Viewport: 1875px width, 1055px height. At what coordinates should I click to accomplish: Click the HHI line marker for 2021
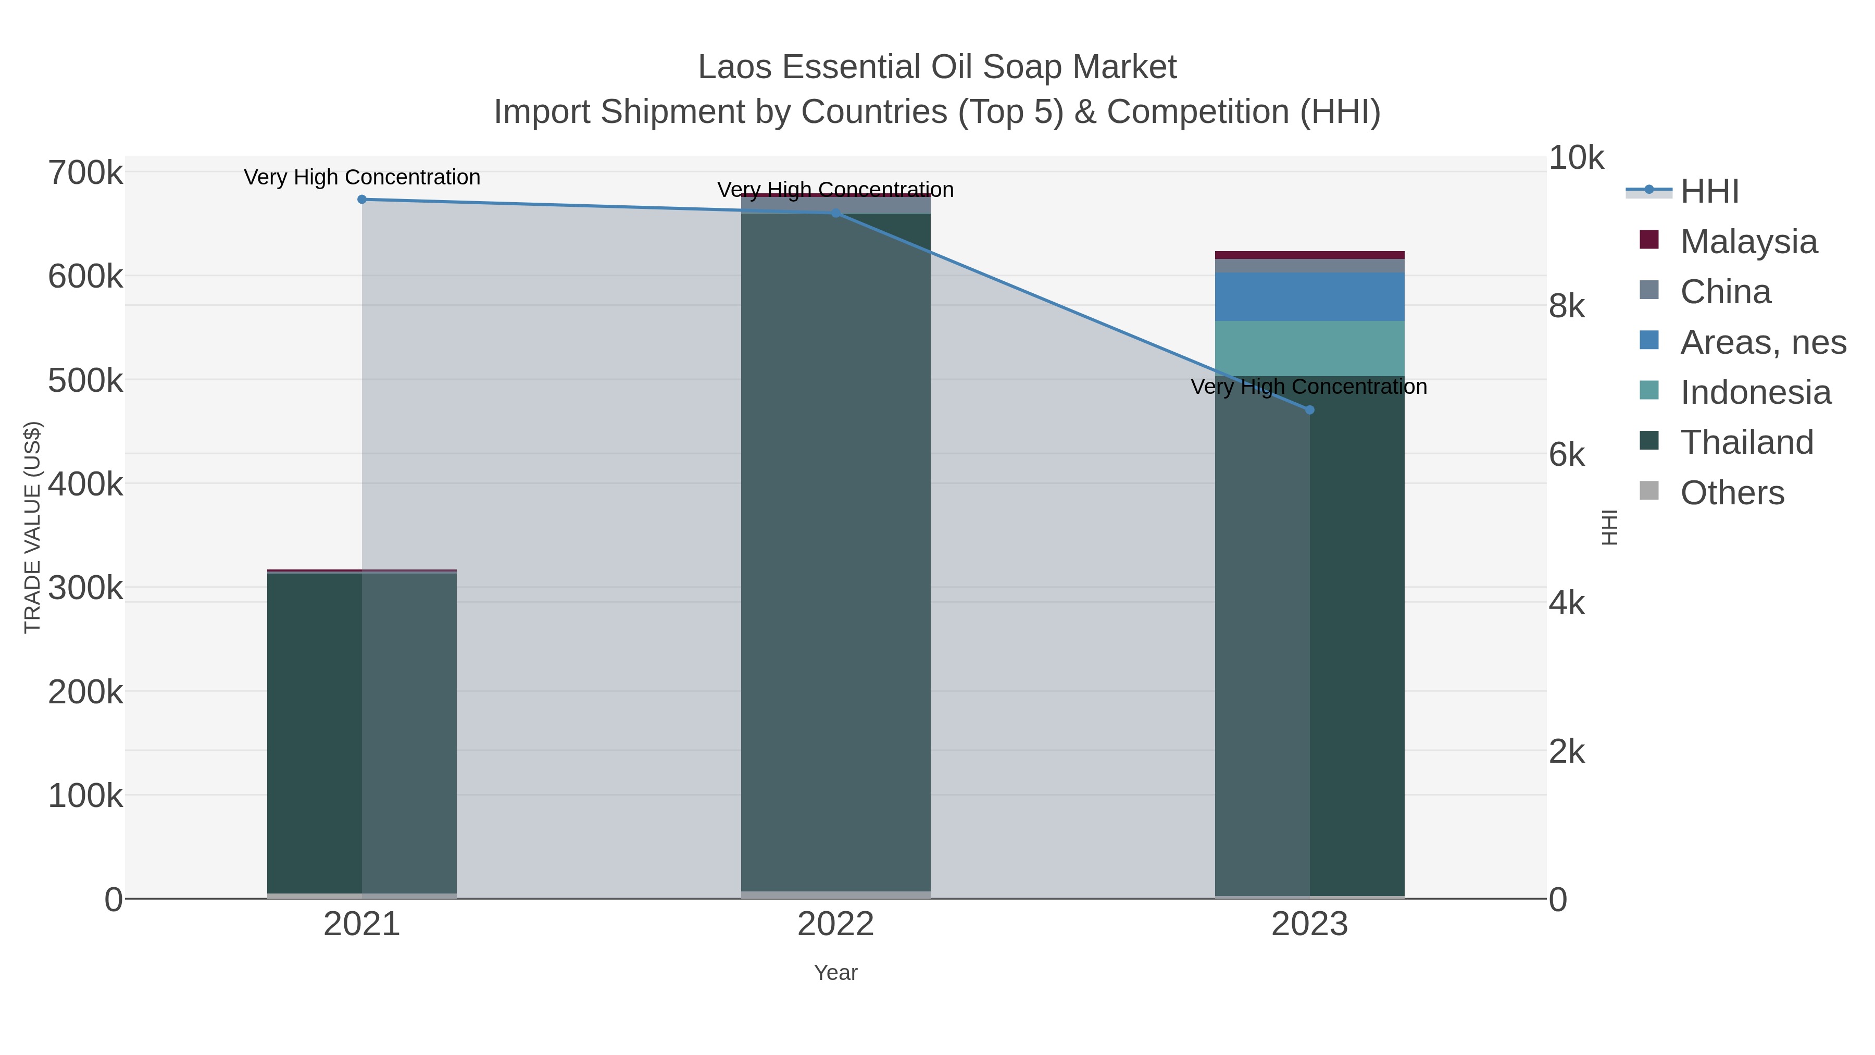362,200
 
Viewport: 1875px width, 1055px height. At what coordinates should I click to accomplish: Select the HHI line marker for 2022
835,213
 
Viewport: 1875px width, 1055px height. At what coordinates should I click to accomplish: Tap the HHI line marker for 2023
1309,410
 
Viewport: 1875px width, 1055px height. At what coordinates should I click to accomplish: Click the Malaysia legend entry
1748,242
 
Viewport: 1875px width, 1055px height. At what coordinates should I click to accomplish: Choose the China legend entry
1725,292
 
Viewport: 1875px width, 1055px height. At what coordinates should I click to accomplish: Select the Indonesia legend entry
1755,392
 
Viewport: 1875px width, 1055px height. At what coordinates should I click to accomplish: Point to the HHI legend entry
1709,192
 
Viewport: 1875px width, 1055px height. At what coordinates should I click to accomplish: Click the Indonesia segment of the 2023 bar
1309,349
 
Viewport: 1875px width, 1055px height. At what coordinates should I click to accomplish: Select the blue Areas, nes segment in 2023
1309,297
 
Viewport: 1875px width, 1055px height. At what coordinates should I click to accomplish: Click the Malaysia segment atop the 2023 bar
1309,255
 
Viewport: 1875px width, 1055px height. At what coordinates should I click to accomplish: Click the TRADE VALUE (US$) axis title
33,527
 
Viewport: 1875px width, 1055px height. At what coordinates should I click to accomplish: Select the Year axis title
835,973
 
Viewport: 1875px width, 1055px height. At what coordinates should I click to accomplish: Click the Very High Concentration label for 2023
1309,387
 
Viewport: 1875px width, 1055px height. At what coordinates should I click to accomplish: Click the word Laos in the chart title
734,68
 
